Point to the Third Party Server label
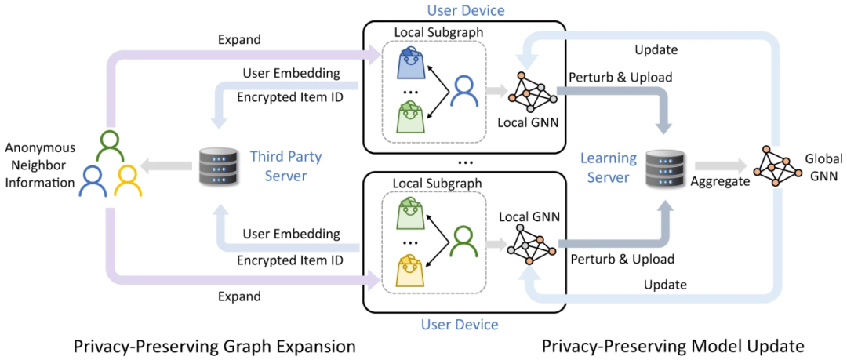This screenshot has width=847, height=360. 285,166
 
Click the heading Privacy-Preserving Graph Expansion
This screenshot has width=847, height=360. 214,345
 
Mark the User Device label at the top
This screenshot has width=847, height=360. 465,10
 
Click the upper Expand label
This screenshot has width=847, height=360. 239,39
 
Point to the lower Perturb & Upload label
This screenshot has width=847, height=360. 623,258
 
